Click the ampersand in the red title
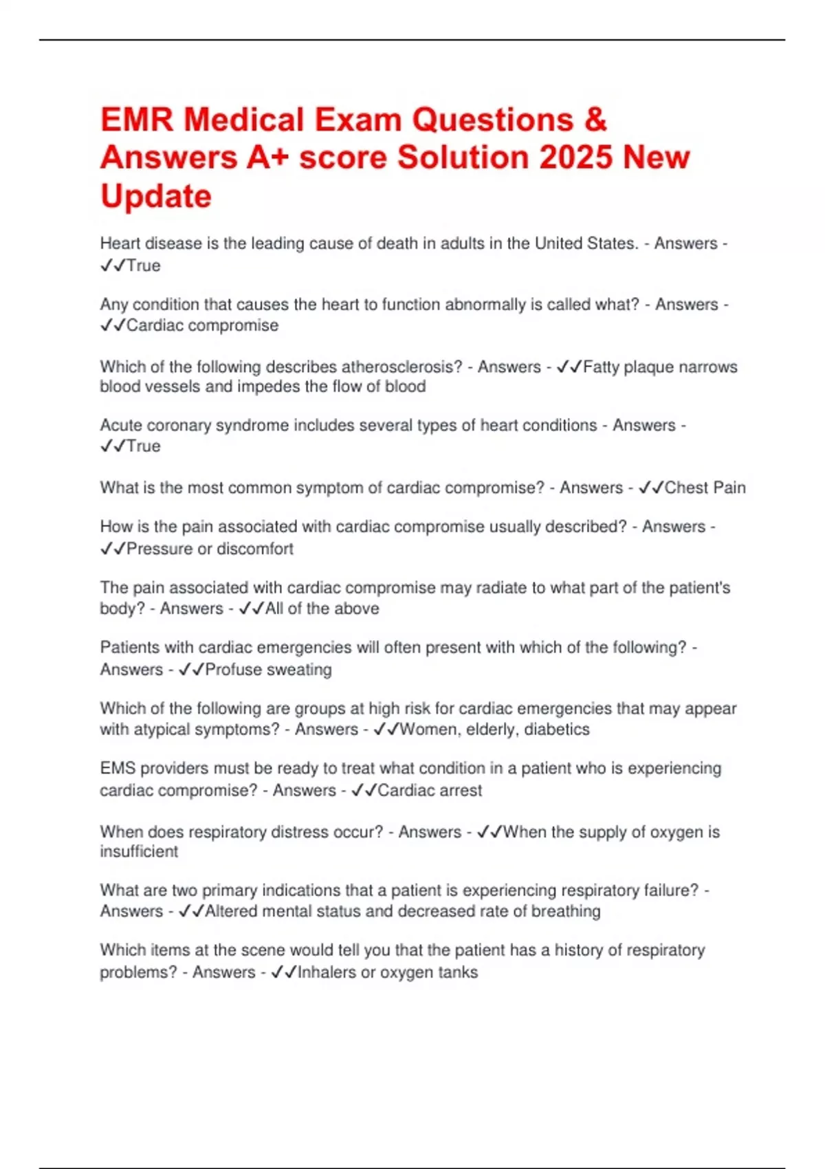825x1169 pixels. [595, 120]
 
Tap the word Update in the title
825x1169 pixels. [156, 196]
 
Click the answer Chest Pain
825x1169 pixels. [705, 488]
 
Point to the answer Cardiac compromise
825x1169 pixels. [202, 325]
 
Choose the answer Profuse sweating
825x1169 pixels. [268, 669]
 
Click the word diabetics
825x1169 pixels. [557, 729]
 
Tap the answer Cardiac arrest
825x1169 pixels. [430, 790]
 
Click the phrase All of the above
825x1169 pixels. [322, 609]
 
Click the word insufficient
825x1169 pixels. [139, 851]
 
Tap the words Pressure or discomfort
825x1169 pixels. [210, 549]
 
